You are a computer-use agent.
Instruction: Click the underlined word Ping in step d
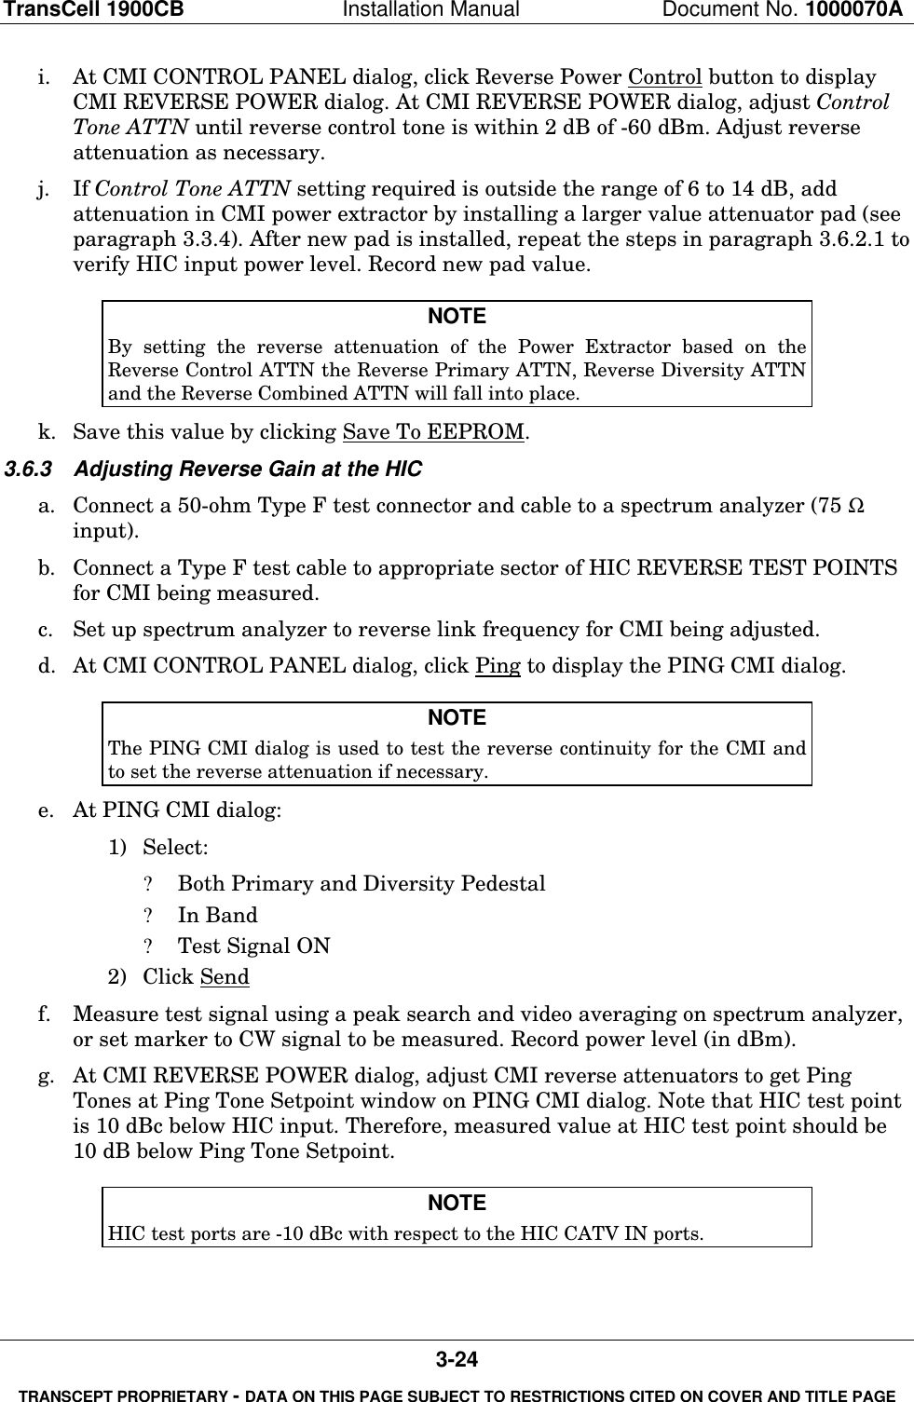click(498, 667)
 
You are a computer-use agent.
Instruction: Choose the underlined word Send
click(225, 977)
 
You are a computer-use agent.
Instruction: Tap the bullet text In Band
click(218, 916)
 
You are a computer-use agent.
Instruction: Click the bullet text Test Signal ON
click(253, 946)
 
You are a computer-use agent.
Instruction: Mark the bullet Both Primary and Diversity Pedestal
click(362, 884)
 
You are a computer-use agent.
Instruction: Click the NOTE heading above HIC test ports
click(457, 1204)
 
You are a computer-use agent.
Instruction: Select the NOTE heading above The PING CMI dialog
click(457, 718)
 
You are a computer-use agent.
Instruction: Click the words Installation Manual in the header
click(443, 10)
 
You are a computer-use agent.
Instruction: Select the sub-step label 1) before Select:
click(118, 849)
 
